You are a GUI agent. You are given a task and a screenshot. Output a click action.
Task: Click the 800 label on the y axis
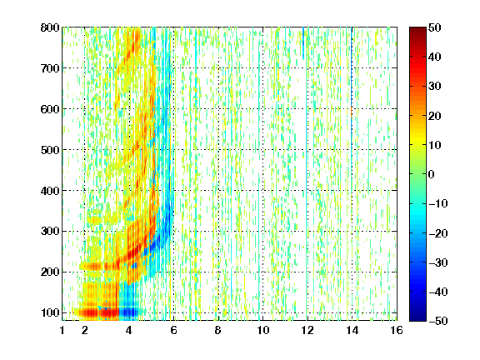[x=50, y=27]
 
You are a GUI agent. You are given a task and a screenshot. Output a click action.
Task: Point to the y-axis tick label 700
[x=50, y=68]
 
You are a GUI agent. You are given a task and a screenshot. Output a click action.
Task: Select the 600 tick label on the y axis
[x=50, y=109]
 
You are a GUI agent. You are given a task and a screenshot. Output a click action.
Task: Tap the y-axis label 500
[x=50, y=150]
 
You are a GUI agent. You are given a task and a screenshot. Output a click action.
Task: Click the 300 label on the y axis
[x=50, y=232]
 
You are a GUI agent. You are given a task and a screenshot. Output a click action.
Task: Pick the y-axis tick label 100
[x=50, y=312]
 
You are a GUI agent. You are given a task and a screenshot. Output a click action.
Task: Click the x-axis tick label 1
[x=62, y=330]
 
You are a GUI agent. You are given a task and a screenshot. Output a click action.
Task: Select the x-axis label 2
[x=85, y=330]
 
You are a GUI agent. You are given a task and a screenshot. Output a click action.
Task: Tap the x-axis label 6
[x=173, y=330]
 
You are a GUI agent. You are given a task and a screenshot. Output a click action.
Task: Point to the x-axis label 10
[x=263, y=330]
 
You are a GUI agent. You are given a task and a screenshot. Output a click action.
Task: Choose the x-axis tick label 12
[x=307, y=330]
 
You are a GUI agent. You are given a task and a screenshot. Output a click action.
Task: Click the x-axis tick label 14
[x=352, y=330]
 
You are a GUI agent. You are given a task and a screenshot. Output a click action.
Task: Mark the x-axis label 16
[x=397, y=330]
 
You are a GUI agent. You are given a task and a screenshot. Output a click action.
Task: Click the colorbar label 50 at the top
[x=434, y=27]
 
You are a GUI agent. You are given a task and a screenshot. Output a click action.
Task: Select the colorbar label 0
[x=432, y=174]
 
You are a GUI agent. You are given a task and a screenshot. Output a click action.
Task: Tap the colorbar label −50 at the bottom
[x=438, y=321]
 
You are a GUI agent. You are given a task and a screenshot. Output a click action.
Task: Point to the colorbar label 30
[x=434, y=87]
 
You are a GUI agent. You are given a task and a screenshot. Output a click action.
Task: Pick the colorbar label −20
[x=438, y=233]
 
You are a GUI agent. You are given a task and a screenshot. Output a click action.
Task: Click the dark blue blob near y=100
[x=128, y=312]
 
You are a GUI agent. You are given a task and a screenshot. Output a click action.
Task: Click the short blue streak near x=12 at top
[x=303, y=42]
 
